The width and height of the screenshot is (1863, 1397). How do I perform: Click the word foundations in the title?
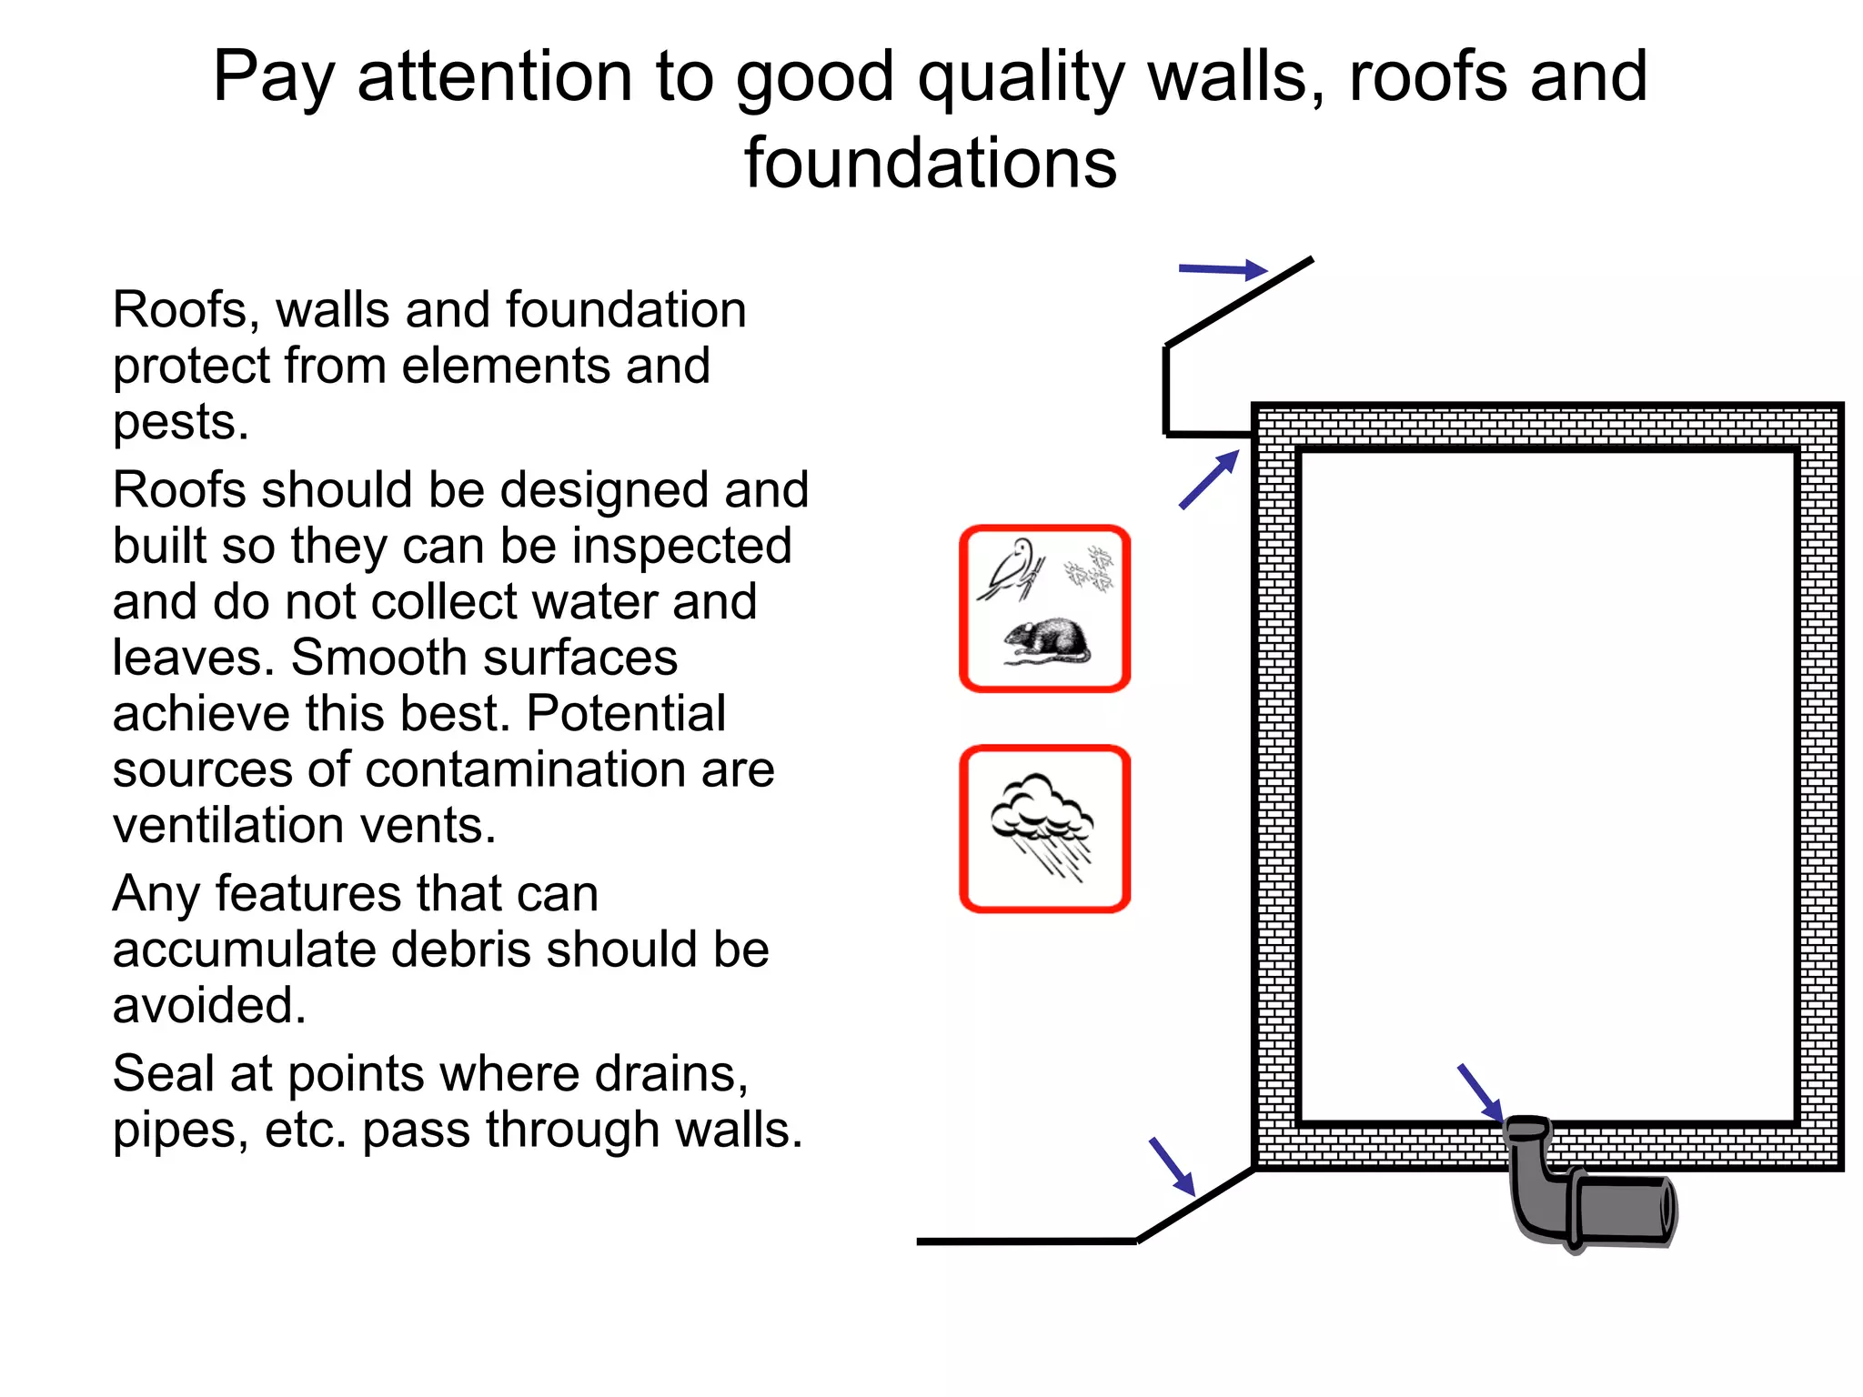930,164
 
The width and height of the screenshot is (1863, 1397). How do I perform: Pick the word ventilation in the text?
227,826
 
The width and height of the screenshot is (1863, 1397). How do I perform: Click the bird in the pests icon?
1011,571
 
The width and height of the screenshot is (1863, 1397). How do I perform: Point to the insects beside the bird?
1090,570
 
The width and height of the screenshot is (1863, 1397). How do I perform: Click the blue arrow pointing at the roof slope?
1222,269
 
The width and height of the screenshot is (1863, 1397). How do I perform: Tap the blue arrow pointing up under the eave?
1209,479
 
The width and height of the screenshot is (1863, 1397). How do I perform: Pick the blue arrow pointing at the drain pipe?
1480,1092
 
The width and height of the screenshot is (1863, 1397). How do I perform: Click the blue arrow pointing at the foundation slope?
1172,1166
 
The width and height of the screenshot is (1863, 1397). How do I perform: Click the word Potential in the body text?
626,714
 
